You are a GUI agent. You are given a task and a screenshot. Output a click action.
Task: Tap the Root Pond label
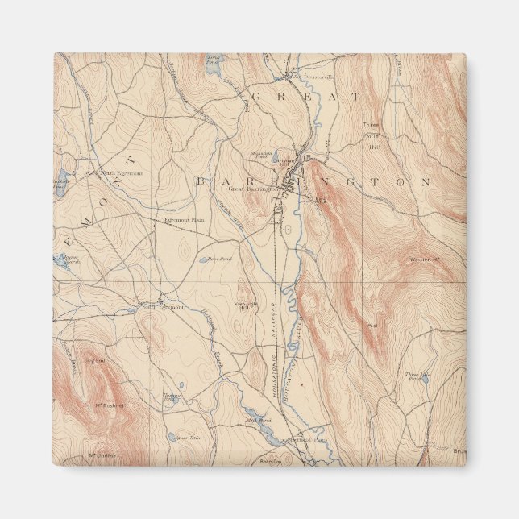pos(220,259)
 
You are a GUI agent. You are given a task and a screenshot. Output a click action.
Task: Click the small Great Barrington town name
pos(247,189)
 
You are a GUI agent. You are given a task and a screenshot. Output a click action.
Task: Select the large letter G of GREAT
pos(259,97)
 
